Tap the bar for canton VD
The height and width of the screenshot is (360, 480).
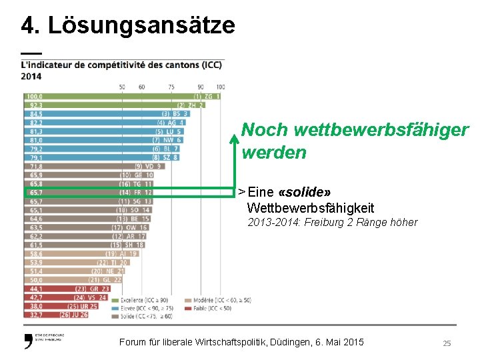(x=80, y=166)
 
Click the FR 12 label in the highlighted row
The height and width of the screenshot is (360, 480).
(x=144, y=192)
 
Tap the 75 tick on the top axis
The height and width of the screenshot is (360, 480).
(x=171, y=87)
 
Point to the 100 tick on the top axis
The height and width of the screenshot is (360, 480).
(x=221, y=87)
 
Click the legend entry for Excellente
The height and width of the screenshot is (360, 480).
(x=146, y=301)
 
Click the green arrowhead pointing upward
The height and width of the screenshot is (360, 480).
(x=234, y=139)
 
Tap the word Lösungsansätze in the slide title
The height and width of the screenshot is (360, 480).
(x=141, y=25)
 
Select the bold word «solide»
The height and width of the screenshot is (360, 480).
(x=308, y=192)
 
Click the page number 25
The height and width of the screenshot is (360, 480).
(x=447, y=343)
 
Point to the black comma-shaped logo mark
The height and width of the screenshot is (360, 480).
(x=28, y=342)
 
